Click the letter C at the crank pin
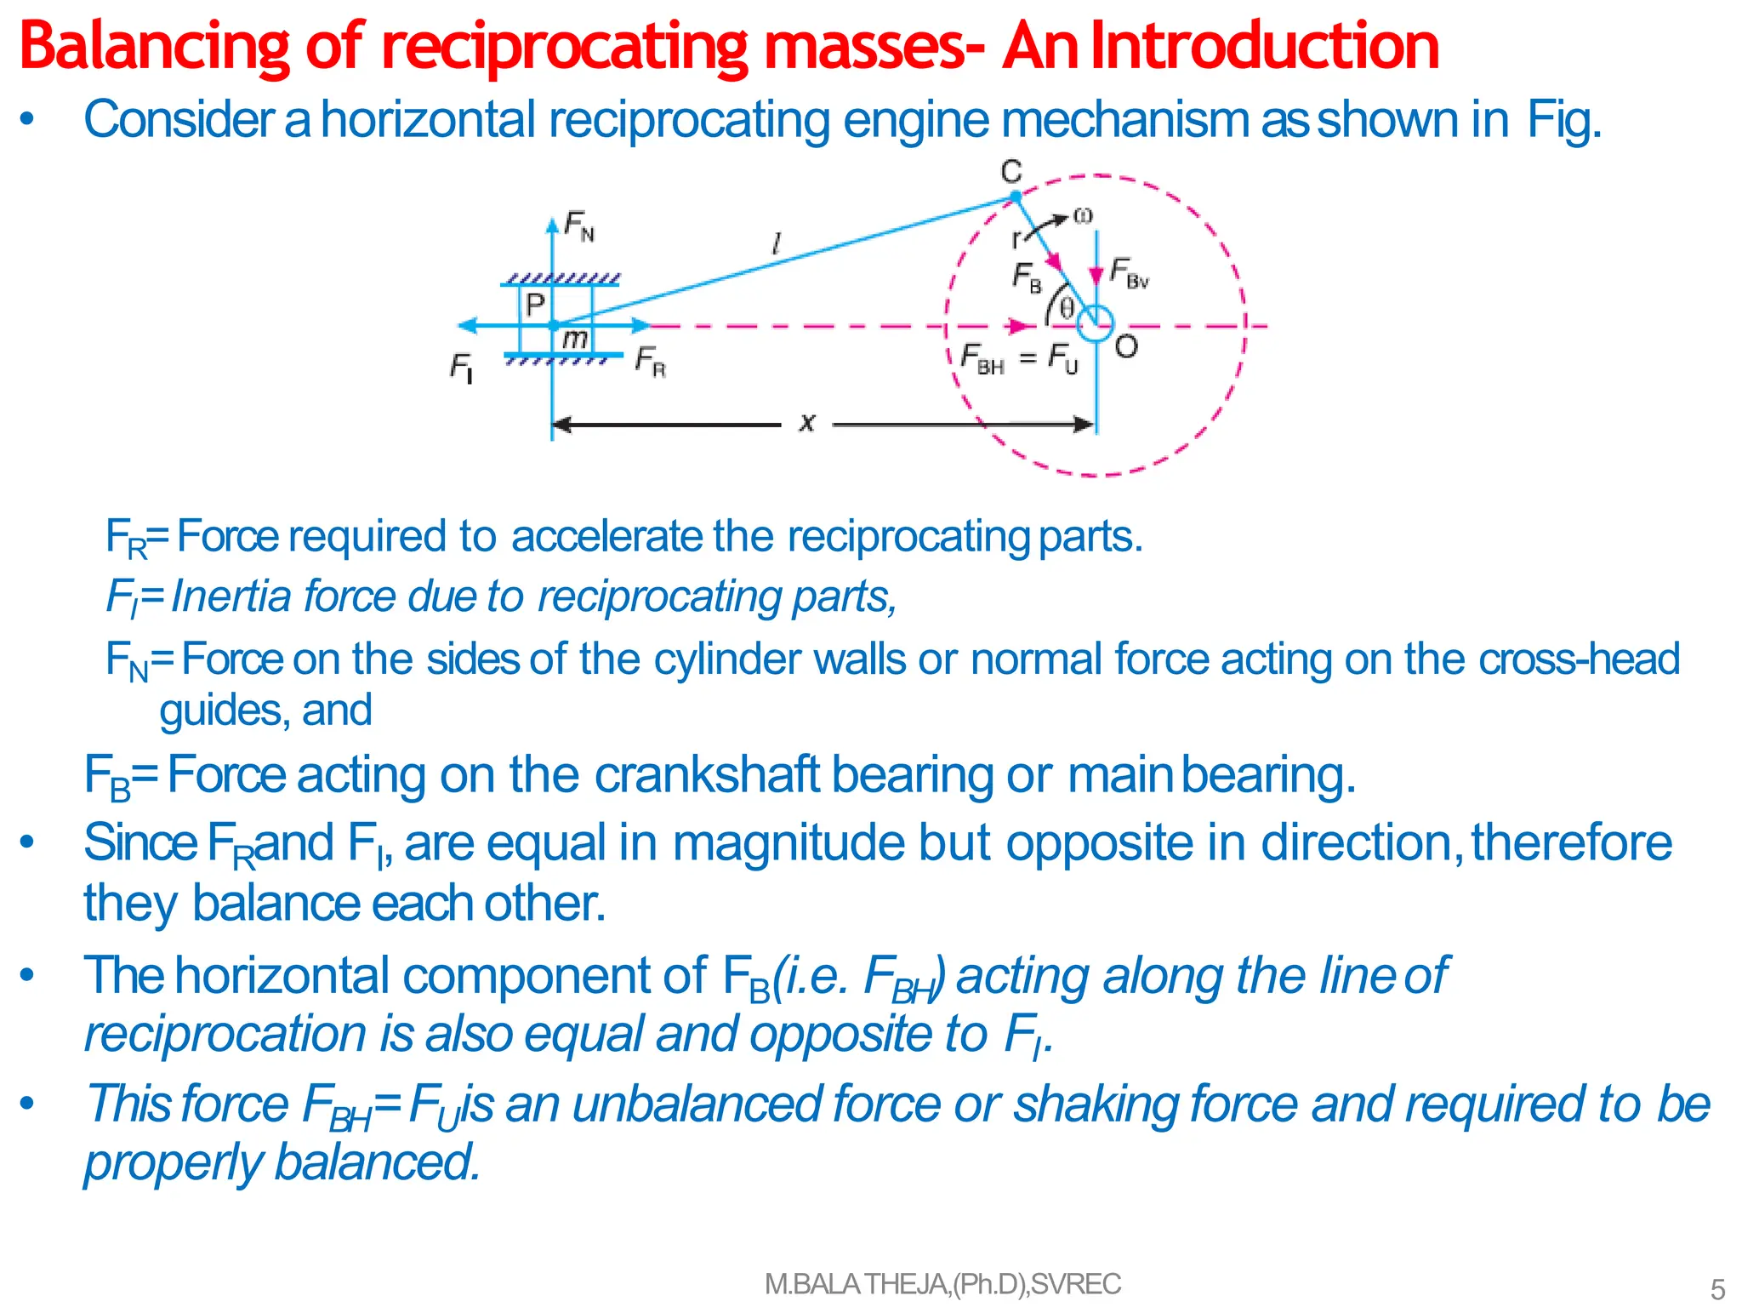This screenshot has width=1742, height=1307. [x=1010, y=172]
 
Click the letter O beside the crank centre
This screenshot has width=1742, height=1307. [x=1126, y=347]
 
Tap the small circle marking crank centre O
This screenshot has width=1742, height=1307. [x=1096, y=324]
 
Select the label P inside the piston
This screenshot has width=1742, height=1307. [x=535, y=305]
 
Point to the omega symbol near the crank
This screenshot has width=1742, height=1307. [x=1082, y=216]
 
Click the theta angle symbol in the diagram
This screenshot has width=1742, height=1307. [x=1067, y=308]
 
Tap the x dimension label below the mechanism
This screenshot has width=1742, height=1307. [x=807, y=422]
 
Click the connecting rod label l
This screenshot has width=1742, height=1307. [x=776, y=245]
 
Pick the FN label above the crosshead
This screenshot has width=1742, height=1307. [x=579, y=227]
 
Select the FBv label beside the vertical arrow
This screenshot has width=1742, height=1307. [x=1130, y=274]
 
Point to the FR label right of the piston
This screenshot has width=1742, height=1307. [x=651, y=361]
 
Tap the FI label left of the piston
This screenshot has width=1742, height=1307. [x=461, y=368]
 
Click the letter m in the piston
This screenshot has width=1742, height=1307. [x=575, y=339]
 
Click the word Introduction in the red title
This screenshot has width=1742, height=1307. [x=1265, y=46]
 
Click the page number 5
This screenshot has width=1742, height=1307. [x=1717, y=1289]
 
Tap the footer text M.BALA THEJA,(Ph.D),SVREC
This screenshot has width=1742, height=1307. [x=942, y=1284]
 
